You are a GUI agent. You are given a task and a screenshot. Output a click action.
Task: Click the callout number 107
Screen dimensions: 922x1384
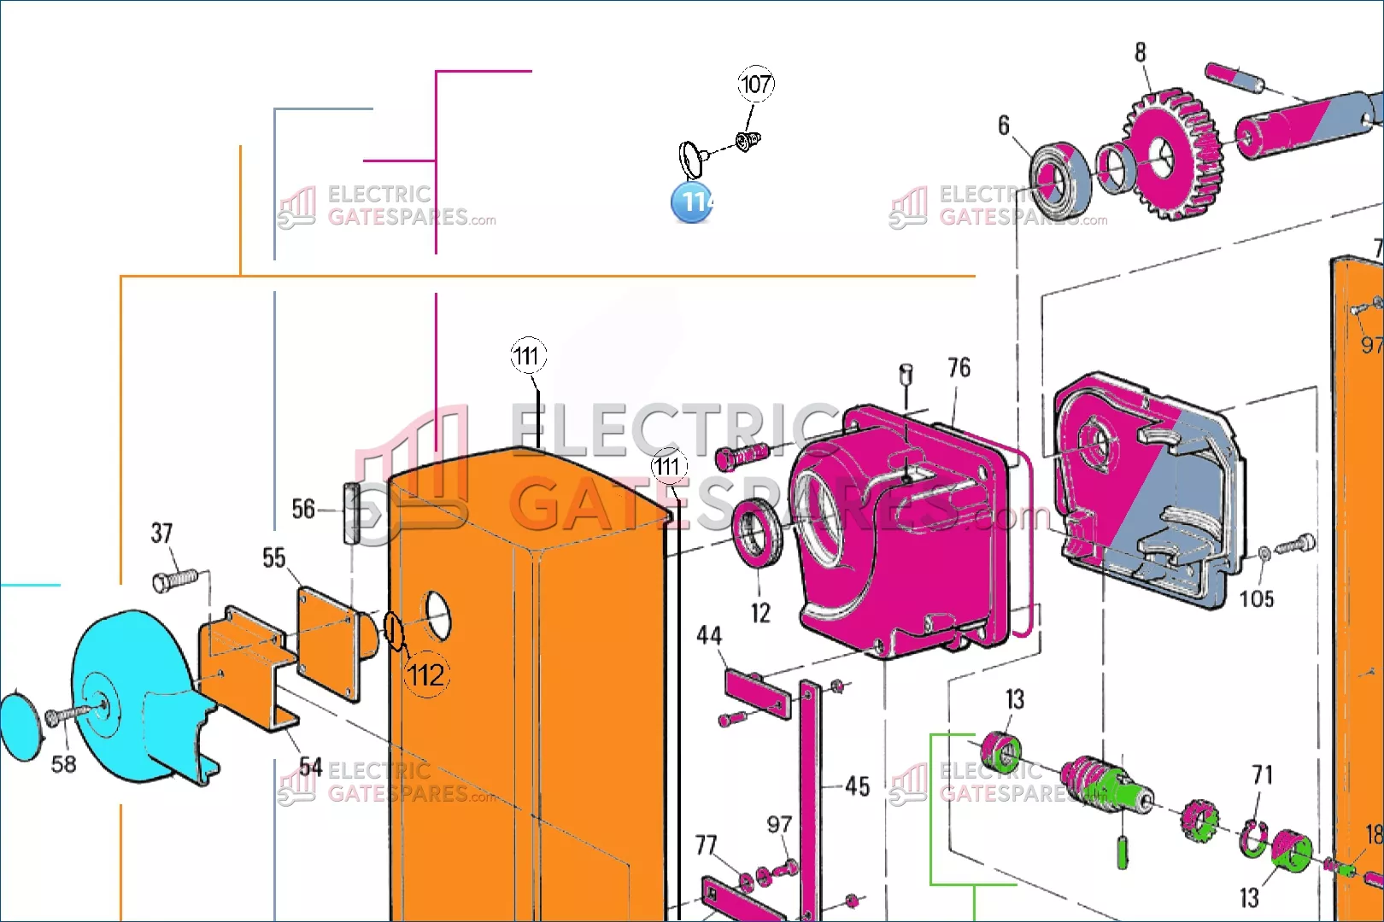[755, 84]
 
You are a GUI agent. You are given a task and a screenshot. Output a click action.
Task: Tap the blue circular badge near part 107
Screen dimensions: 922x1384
[692, 202]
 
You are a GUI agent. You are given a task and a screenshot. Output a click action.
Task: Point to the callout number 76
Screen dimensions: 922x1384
[959, 368]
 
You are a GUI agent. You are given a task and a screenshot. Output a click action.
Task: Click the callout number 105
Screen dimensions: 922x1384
[1256, 598]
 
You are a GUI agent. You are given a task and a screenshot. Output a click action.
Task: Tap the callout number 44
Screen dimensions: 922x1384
[708, 635]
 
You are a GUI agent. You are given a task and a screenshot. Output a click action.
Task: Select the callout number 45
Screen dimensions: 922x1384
[857, 786]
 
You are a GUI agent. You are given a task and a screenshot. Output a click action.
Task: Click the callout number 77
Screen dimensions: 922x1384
[706, 845]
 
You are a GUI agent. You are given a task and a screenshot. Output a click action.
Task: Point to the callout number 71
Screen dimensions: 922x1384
[1262, 774]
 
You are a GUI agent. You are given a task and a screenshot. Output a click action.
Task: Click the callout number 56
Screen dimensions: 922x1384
[303, 510]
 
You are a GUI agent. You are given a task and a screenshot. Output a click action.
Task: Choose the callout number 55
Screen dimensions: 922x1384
[273, 558]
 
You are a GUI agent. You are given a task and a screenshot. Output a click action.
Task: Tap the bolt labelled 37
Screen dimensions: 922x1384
[173, 581]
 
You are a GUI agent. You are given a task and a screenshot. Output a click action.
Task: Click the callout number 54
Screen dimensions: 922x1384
[310, 766]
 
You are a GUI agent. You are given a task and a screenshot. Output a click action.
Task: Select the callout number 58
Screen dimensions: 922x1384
[63, 764]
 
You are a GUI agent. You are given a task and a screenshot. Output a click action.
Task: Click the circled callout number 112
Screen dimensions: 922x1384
[425, 675]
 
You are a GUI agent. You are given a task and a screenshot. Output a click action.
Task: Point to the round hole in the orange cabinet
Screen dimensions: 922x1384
[437, 615]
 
